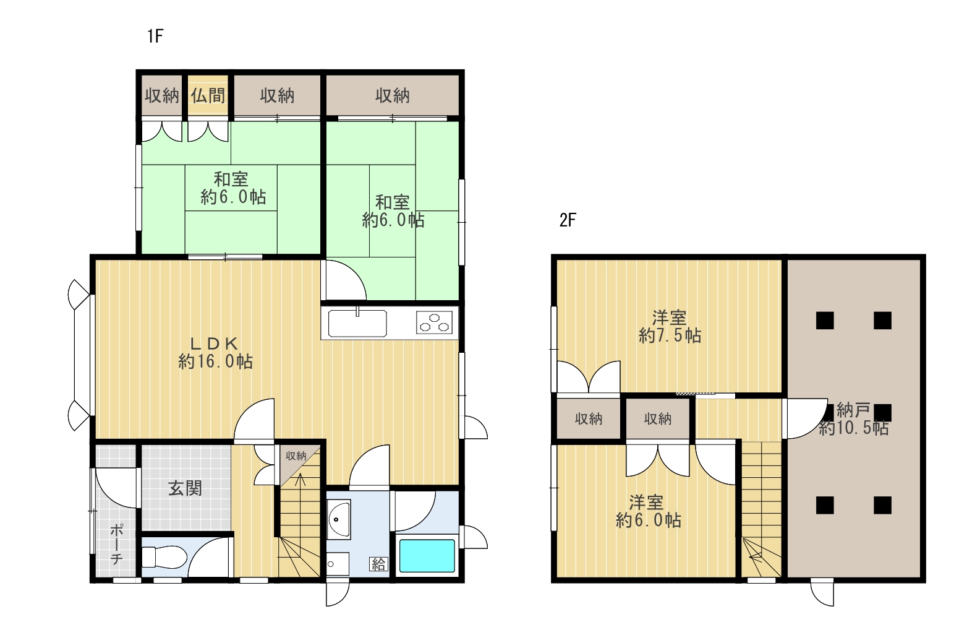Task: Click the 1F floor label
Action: click(x=155, y=36)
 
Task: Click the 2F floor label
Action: click(x=568, y=220)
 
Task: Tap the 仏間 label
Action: click(x=208, y=95)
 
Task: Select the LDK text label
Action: click(x=215, y=343)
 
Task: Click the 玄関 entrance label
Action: click(x=185, y=488)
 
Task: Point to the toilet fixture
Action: click(x=164, y=557)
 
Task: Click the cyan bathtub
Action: click(x=427, y=555)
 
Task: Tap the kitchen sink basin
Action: click(x=357, y=323)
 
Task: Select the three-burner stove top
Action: click(x=434, y=322)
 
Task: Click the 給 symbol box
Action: click(x=378, y=564)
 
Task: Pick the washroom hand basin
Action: click(x=338, y=519)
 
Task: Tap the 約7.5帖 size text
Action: click(x=670, y=335)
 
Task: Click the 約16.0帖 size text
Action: click(x=215, y=361)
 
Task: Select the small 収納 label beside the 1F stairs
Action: click(x=296, y=456)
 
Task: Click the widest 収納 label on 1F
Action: click(x=392, y=95)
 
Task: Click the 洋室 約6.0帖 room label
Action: click(x=648, y=511)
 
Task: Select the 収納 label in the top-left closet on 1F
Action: click(x=161, y=95)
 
